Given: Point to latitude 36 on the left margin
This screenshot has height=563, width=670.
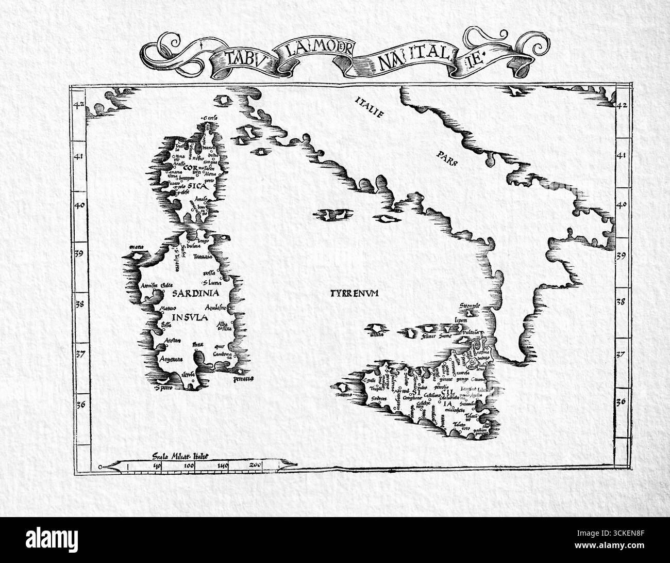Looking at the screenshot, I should [79, 404].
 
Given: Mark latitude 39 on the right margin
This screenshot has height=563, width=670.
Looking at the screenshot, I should [621, 255].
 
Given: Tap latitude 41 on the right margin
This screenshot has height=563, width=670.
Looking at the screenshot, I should [622, 155].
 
